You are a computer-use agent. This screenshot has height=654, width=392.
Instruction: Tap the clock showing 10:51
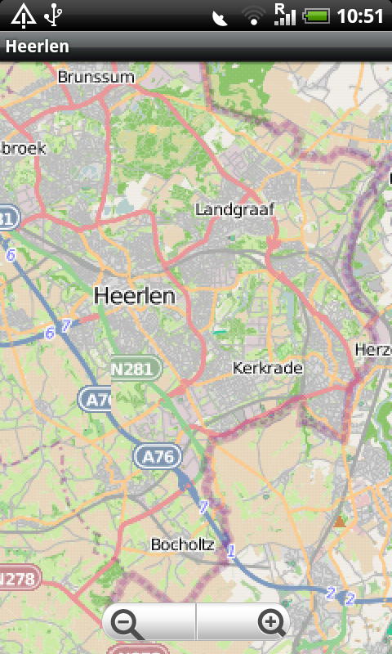click(x=360, y=16)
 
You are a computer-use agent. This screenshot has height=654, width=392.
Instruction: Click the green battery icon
click(x=315, y=16)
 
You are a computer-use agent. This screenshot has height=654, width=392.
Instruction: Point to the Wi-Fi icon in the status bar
click(x=254, y=16)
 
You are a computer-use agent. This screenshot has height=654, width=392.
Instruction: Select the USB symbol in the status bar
click(x=53, y=15)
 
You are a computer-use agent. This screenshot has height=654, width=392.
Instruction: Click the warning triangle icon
click(x=22, y=15)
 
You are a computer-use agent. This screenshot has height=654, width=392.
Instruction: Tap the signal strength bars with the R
click(x=284, y=14)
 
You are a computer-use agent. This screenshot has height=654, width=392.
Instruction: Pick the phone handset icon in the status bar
click(x=220, y=17)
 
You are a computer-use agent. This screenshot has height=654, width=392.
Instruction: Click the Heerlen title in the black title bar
click(x=37, y=47)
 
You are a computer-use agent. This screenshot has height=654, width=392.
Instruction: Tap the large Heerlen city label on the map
click(x=135, y=296)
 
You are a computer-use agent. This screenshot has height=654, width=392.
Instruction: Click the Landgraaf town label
click(x=235, y=210)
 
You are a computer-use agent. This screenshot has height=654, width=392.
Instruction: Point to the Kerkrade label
click(x=268, y=368)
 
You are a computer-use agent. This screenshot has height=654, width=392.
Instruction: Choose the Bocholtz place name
click(x=183, y=544)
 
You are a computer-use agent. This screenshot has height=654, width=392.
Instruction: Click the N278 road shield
click(x=18, y=579)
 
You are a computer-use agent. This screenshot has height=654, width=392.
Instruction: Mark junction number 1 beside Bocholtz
click(x=231, y=551)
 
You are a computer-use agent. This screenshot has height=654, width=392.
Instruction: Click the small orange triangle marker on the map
click(x=339, y=520)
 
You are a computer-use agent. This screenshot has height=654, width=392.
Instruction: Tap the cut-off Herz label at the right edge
click(x=374, y=350)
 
